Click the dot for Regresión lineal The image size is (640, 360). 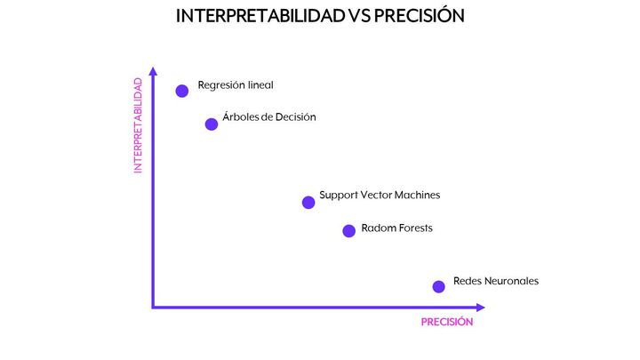[182, 91]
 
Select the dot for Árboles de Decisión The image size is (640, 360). [212, 124]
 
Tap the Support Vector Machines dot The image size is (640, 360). [308, 202]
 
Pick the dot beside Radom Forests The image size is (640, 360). [349, 231]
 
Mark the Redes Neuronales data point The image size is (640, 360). [439, 286]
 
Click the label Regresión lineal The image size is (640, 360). [236, 85]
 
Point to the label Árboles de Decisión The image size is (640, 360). [269, 116]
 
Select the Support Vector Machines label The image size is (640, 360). [380, 195]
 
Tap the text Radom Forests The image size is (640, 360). [396, 228]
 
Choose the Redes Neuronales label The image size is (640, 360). [496, 281]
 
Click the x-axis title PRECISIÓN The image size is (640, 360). [447, 322]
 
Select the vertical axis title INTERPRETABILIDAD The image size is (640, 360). [138, 125]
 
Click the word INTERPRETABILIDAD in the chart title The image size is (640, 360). [260, 16]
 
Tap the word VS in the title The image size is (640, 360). [359, 16]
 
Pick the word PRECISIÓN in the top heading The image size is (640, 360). [420, 15]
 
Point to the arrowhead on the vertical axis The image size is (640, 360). [153, 71]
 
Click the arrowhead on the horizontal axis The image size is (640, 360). [480, 308]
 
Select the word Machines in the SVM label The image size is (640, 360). [417, 195]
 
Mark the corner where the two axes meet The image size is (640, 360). [153, 308]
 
